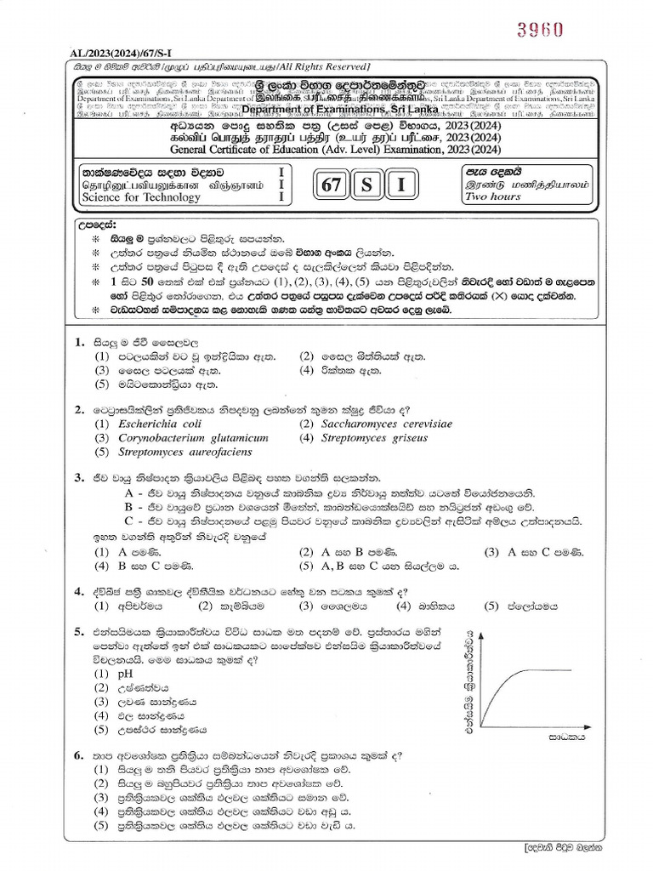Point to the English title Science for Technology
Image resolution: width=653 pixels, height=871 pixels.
[141, 197]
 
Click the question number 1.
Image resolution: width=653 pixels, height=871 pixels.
[78, 342]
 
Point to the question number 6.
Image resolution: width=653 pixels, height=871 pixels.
[78, 754]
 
